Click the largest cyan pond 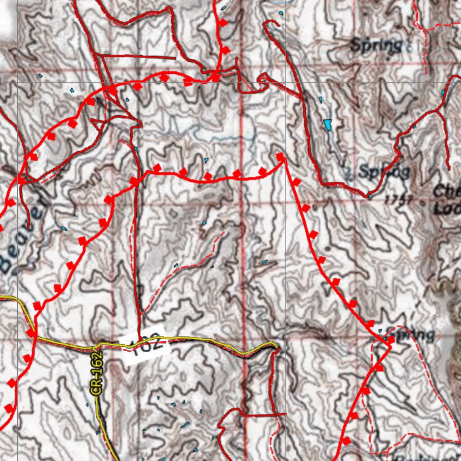point(327,124)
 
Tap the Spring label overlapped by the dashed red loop point(410,334)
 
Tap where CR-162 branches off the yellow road point(96,347)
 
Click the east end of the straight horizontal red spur point(175,58)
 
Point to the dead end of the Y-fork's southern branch point(448,168)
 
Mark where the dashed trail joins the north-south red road point(141,312)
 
